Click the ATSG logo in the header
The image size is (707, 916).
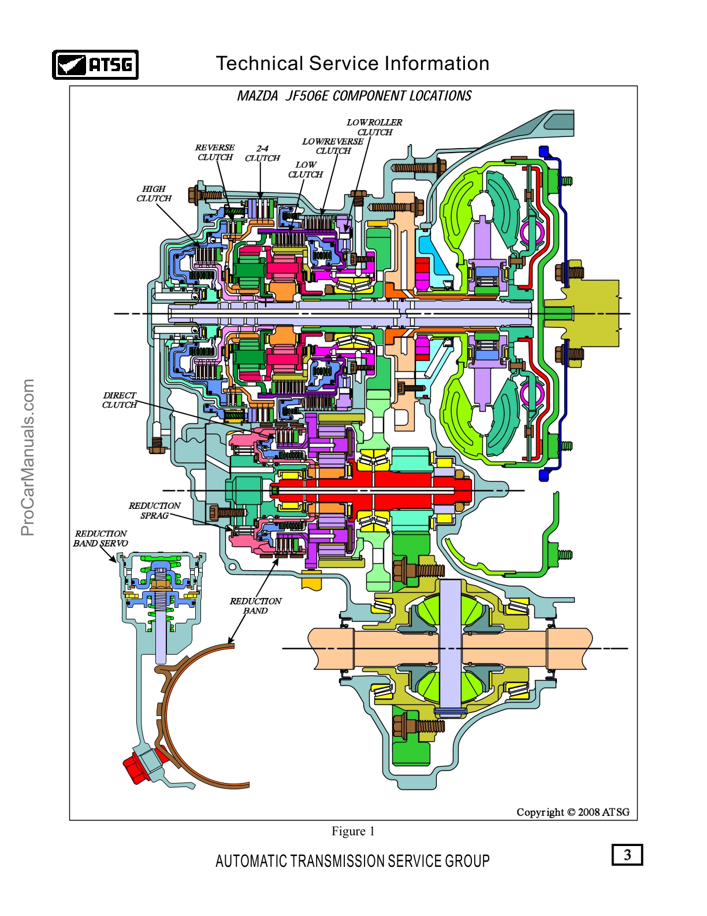95,64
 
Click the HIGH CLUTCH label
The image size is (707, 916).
154,194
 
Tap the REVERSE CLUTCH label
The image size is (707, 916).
215,152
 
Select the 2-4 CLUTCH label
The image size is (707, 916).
262,153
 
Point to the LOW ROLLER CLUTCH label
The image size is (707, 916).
374,127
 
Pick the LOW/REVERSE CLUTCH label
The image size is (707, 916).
333,146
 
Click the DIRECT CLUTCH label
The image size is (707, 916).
120,400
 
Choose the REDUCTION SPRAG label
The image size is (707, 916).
154,511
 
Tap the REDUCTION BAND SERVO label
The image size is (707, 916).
101,538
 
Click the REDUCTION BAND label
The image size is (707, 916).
255,605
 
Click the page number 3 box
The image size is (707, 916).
627,855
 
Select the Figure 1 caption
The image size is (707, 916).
353,831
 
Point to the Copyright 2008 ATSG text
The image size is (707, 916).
572,812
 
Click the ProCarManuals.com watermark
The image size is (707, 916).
28,457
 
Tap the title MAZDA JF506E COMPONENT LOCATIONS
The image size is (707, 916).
354,96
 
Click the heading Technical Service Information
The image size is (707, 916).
352,64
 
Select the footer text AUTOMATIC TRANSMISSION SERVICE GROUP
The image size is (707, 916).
352,861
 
